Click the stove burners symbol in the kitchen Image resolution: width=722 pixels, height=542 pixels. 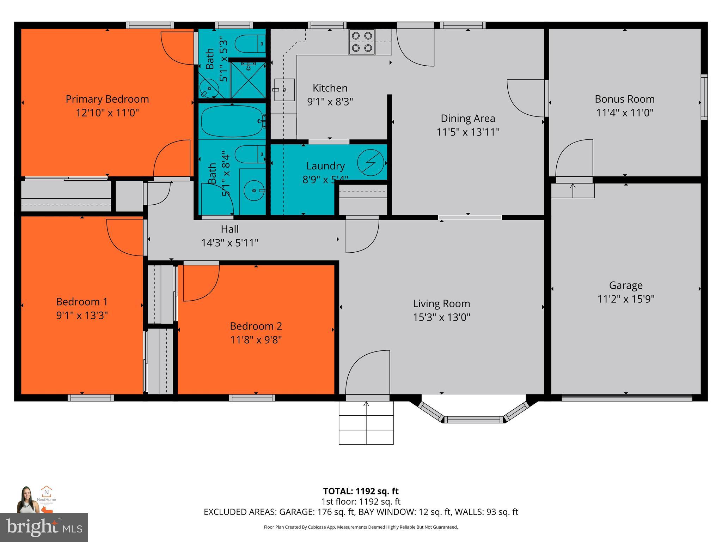(362, 42)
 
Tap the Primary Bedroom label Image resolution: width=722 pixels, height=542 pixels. (107, 99)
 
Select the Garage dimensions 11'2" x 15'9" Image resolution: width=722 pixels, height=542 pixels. (626, 299)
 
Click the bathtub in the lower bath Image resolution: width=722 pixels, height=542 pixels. (232, 121)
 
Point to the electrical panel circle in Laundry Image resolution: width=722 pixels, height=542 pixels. (371, 163)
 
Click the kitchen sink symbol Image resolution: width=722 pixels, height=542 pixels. (284, 90)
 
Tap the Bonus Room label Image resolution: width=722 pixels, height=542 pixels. (625, 99)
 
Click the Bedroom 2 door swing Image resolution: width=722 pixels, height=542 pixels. (200, 282)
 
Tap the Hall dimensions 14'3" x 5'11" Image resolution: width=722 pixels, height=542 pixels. (230, 243)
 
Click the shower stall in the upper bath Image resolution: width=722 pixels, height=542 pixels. (248, 80)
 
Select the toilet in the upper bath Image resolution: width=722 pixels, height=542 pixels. (250, 44)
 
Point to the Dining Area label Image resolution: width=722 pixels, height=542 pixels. (468, 118)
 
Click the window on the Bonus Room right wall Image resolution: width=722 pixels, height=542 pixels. (704, 97)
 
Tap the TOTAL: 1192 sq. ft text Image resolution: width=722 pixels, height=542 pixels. (361, 491)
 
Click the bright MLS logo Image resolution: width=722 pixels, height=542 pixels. (44, 527)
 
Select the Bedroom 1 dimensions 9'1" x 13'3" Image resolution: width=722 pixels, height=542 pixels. (82, 315)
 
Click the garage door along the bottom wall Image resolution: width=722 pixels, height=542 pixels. (626, 398)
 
